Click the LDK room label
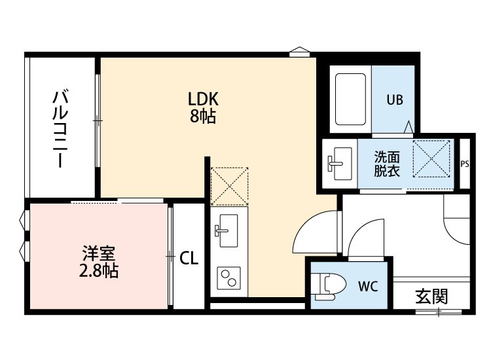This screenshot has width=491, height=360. (202, 99)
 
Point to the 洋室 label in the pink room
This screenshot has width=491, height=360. (96, 253)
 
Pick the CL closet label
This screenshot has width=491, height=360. (189, 257)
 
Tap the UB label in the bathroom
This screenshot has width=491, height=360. (394, 100)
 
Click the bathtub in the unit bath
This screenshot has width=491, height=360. (350, 98)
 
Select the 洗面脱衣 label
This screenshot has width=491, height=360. (386, 164)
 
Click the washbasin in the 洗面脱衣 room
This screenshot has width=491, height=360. (339, 164)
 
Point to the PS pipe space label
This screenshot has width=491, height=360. (464, 164)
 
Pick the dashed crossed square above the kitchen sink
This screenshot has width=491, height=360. (230, 185)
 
